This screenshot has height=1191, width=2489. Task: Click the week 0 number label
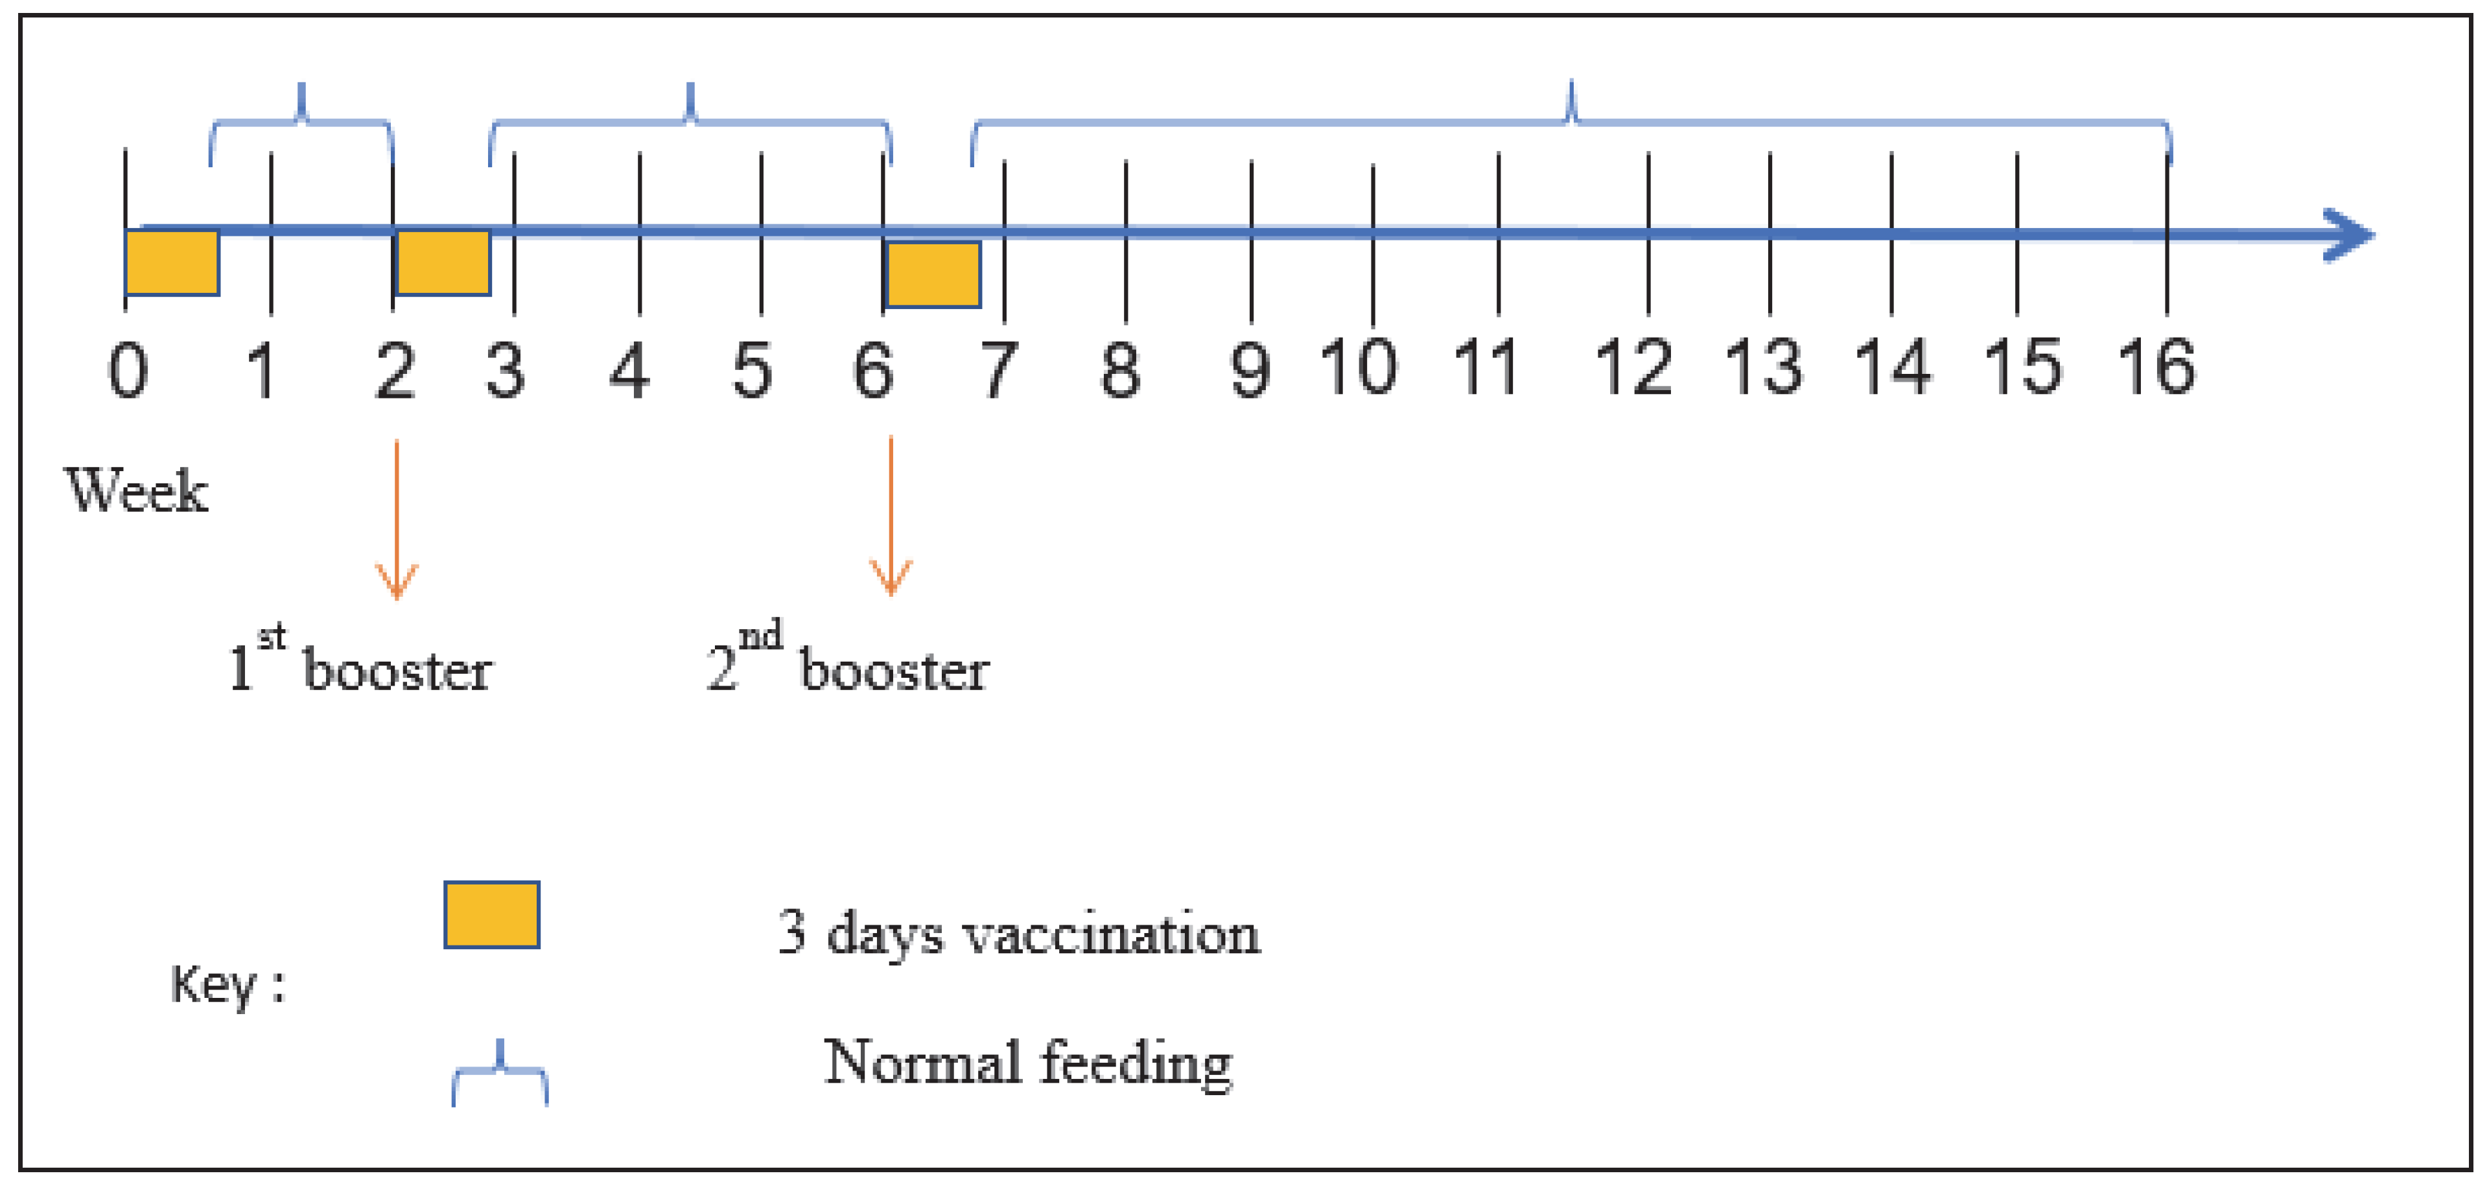coord(128,371)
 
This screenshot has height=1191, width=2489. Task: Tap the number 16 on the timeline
coord(2156,368)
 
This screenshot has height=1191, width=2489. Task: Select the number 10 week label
coord(1359,368)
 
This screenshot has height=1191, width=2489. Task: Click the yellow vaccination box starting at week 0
coord(172,262)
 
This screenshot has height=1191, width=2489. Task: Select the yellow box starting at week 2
coord(443,262)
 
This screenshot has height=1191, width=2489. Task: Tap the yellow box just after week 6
coord(933,274)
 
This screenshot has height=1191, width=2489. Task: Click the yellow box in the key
coord(492,914)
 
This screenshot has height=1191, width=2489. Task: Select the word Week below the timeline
coord(136,491)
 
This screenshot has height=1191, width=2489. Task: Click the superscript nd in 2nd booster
coord(760,636)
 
